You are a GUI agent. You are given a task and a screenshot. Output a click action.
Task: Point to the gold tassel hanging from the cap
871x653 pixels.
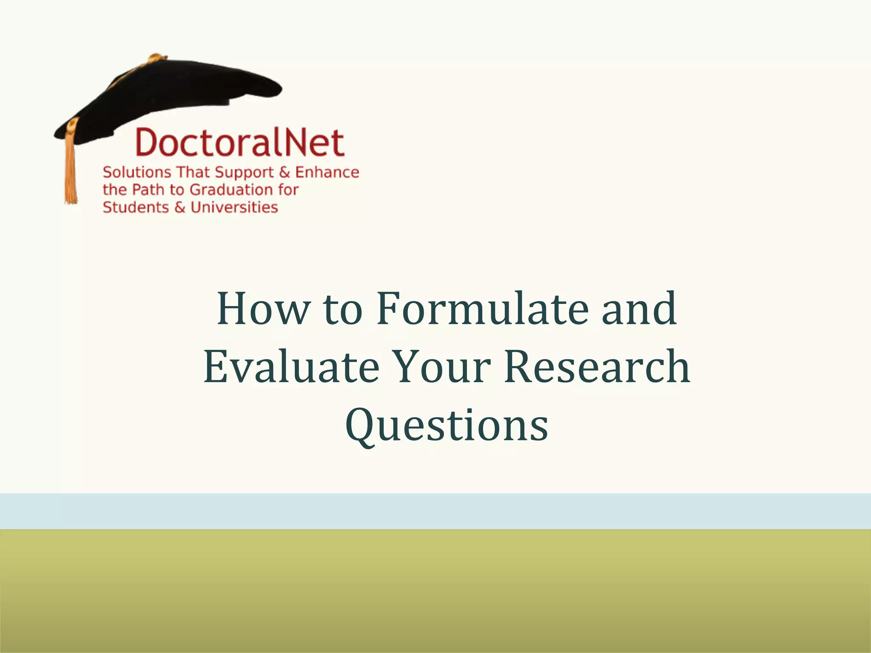pos(71,170)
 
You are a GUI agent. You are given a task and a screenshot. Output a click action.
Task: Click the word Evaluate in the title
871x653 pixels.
pos(291,366)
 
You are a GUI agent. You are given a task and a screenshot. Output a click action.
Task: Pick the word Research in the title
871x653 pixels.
pos(597,366)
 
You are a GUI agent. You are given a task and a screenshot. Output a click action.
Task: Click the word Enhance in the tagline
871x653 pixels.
pos(327,172)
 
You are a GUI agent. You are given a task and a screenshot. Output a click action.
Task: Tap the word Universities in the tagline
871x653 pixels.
pos(234,207)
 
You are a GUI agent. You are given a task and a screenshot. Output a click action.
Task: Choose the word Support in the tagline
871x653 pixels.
pos(244,173)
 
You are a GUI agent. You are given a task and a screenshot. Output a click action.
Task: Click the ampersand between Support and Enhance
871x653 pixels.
pos(285,172)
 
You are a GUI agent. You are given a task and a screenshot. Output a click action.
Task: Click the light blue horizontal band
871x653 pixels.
pos(435,511)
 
